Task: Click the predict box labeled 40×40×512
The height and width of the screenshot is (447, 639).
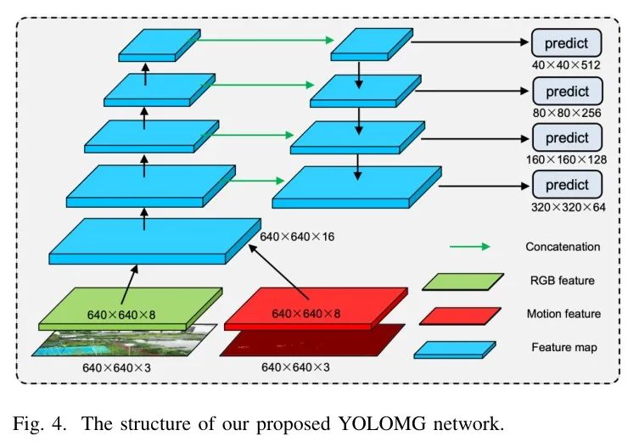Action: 567,42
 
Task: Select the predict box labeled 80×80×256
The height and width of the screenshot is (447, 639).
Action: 567,90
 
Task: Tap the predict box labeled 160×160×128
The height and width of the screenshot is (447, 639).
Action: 567,137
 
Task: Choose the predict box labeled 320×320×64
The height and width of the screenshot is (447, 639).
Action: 567,185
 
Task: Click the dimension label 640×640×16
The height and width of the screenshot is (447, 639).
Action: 297,236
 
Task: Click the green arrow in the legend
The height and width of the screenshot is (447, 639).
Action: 470,247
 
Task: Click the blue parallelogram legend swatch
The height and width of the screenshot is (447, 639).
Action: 457,349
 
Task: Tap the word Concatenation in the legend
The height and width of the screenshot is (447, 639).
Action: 563,247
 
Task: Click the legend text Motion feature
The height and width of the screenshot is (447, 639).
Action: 563,314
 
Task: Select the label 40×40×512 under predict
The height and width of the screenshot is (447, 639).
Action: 567,63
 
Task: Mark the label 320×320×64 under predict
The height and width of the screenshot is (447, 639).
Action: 567,206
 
